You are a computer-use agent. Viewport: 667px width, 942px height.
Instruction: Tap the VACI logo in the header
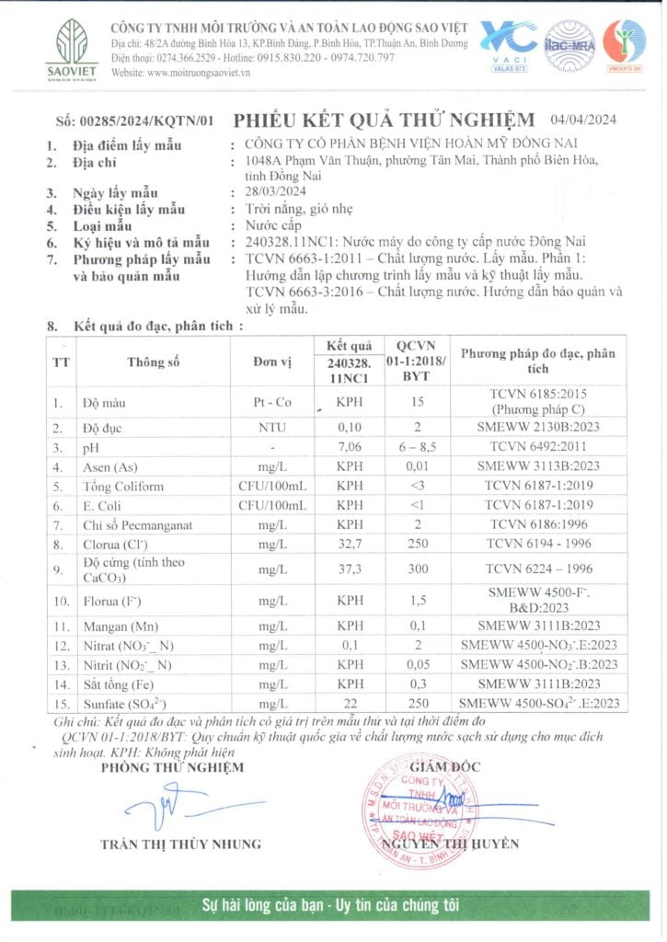coord(510,44)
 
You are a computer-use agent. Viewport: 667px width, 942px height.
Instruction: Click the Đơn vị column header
coord(272,362)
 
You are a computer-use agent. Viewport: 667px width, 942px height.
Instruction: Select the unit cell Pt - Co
coord(272,402)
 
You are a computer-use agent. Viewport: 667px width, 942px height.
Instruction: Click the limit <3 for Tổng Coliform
coord(418,486)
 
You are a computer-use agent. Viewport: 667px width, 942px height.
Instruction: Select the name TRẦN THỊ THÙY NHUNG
coord(181,844)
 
